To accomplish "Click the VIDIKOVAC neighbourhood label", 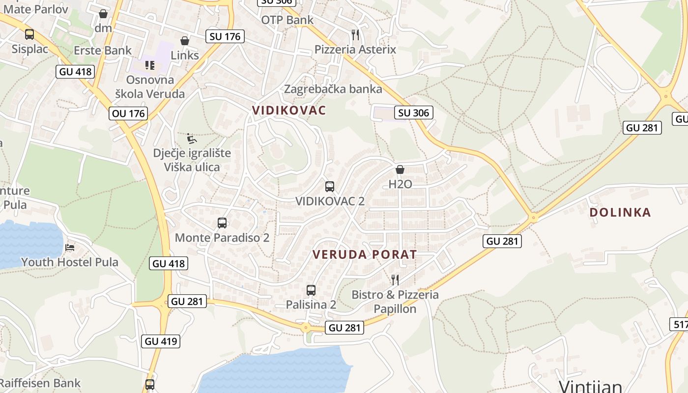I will pos(289,111).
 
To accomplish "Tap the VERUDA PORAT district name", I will pos(365,254).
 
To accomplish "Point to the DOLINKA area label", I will pos(620,212).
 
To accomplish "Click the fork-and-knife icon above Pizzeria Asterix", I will pos(355,34).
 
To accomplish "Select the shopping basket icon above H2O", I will pos(400,169).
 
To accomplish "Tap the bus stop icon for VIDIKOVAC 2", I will pos(330,187).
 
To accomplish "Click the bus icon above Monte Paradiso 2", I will pos(222,223).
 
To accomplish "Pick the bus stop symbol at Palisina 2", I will pos(311,290).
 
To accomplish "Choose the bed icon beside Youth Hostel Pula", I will pos(70,247).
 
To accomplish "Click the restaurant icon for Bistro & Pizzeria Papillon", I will pos(395,280).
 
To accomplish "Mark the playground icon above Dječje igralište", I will pos(192,138).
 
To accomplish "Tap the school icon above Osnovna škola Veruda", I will pos(150,65).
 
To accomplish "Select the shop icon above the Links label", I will pos(185,41).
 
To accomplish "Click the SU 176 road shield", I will pos(225,36).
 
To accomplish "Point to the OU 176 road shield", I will pos(128,113).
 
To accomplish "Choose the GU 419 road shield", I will pos(161,341).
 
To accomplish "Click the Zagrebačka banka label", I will pos(333,89).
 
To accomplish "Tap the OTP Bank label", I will pos(287,20).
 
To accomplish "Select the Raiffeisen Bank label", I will pos(40,383).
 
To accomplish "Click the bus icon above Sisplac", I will pos(29,34).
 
